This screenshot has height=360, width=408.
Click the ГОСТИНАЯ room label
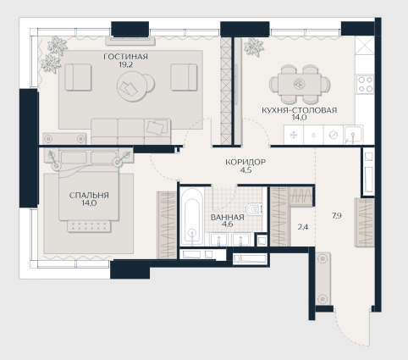tap(125, 57)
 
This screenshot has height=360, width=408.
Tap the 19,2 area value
tap(126, 64)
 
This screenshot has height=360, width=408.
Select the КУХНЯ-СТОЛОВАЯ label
tap(300, 110)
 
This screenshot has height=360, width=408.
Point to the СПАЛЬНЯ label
tap(89, 195)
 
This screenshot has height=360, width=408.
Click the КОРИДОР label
tap(245, 162)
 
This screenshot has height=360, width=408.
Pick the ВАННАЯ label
tap(227, 218)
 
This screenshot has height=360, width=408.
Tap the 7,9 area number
tap(337, 216)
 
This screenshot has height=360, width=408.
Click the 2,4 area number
tap(303, 227)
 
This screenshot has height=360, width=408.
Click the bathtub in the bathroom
tap(192, 216)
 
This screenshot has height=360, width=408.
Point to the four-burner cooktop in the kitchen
tap(365, 85)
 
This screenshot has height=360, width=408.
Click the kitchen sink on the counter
tap(353, 135)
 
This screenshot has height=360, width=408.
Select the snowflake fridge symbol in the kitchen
tap(294, 135)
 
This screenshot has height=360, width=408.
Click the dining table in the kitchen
tap(300, 84)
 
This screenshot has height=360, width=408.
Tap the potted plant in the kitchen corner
tap(253, 47)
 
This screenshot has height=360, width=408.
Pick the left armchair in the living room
tap(78, 77)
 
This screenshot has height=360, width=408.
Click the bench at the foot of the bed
tap(89, 226)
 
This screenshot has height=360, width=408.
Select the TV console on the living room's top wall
tap(130, 42)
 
